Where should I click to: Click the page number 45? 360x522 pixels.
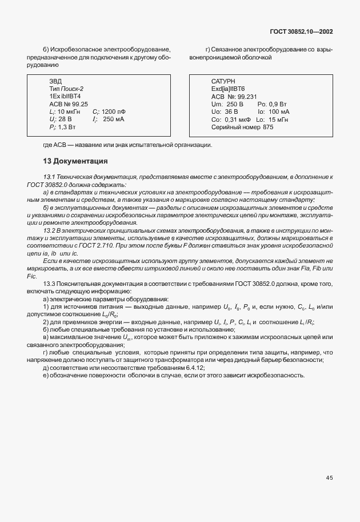coord(329,477)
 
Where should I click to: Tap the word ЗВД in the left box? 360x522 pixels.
coord(55,82)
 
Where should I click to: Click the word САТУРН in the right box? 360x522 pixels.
coord(223,82)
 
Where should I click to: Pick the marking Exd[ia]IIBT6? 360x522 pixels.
coord(227,90)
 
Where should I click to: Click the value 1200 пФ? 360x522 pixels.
coord(114,112)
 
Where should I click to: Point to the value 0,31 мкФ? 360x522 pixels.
coord(236,119)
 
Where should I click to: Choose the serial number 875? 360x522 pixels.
coord(268,127)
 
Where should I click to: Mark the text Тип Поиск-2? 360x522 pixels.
coord(66,89)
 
